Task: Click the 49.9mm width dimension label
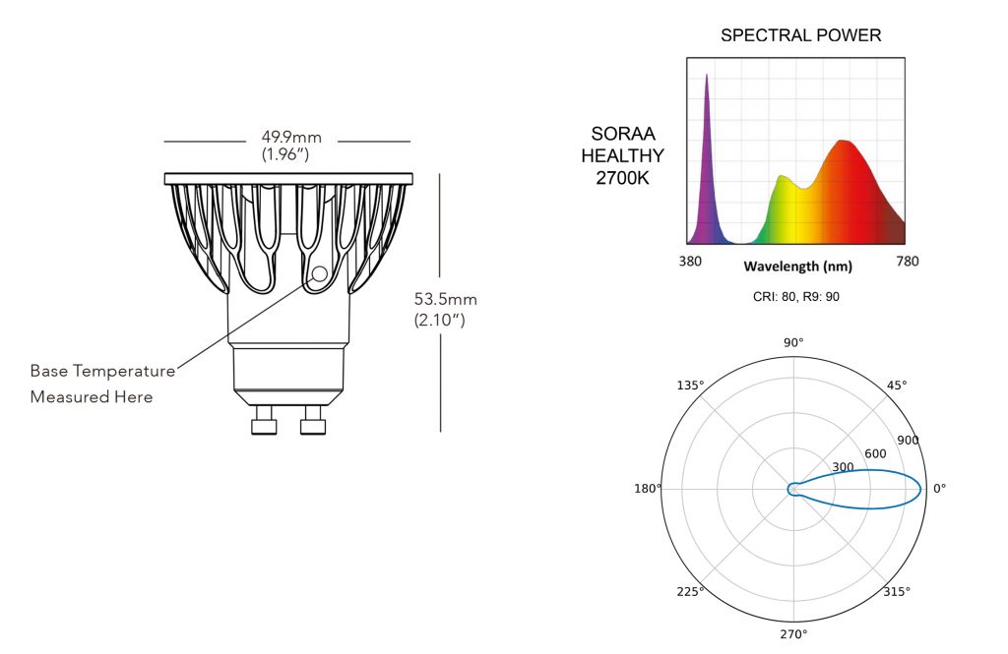tap(291, 137)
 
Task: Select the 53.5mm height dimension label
tap(446, 299)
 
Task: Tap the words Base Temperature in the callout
tap(102, 371)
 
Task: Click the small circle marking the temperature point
tap(320, 274)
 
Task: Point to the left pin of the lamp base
tap(264, 421)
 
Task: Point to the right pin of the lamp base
tap(313, 421)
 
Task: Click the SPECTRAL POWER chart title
tap(800, 35)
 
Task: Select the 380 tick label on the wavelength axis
tap(690, 262)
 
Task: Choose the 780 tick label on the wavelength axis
tap(907, 261)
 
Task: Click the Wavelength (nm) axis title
tap(797, 266)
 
